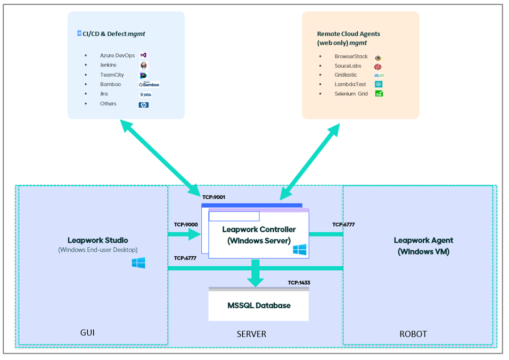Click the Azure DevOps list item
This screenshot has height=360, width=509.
point(117,55)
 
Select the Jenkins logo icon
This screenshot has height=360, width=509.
point(144,66)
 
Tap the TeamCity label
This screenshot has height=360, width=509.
point(112,75)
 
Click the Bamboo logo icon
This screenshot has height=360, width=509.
point(149,85)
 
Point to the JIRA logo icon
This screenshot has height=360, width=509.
point(145,94)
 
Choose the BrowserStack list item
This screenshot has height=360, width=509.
point(351,56)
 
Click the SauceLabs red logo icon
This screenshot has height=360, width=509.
point(377,67)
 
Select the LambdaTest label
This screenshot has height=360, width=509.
point(350,84)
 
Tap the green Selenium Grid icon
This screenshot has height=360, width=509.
point(379,94)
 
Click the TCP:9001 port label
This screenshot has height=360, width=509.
point(214,197)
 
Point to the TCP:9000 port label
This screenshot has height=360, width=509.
point(186,225)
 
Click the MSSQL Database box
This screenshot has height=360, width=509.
point(258,305)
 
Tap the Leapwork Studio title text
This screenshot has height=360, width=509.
point(97,240)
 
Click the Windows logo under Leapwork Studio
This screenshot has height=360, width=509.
point(138,263)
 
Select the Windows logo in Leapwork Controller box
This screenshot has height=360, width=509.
point(299,249)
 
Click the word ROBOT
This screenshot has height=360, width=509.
point(413,334)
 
